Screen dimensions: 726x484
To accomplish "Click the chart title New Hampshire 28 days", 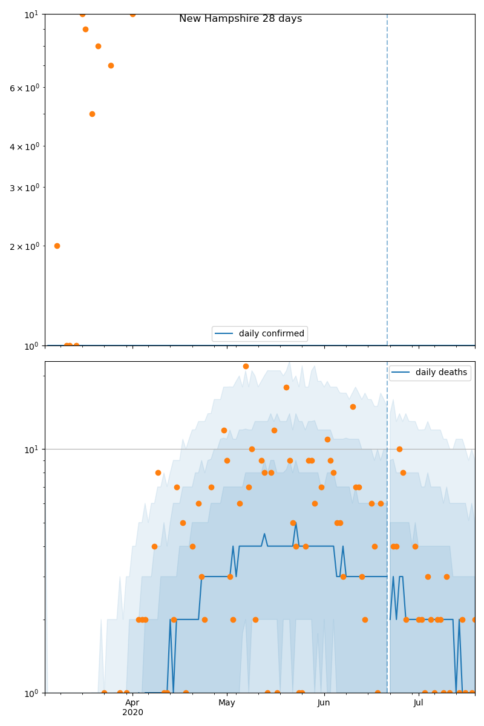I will coord(240,19).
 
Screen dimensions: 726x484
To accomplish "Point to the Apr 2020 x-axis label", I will coord(132,707).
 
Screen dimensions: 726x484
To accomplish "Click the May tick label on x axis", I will coord(227,702).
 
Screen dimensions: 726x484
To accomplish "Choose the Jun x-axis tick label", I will coord(324,702).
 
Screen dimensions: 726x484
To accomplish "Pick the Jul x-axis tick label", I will coord(418,702).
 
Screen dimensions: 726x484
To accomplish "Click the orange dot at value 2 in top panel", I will coord(57,246).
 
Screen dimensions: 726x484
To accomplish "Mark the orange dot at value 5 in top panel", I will coord(92,114).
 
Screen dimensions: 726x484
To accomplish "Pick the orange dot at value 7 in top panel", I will coord(111,65).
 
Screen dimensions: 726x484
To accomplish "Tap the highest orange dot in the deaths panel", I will coord(246,366).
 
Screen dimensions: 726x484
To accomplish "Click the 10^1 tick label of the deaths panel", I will coord(31,449).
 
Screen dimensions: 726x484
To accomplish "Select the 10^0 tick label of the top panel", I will coord(31,345).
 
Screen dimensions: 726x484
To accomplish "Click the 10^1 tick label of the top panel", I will coord(31,14).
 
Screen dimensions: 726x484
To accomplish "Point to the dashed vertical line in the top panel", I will coord(387,181).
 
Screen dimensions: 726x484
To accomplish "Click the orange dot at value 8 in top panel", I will coord(98,46).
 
